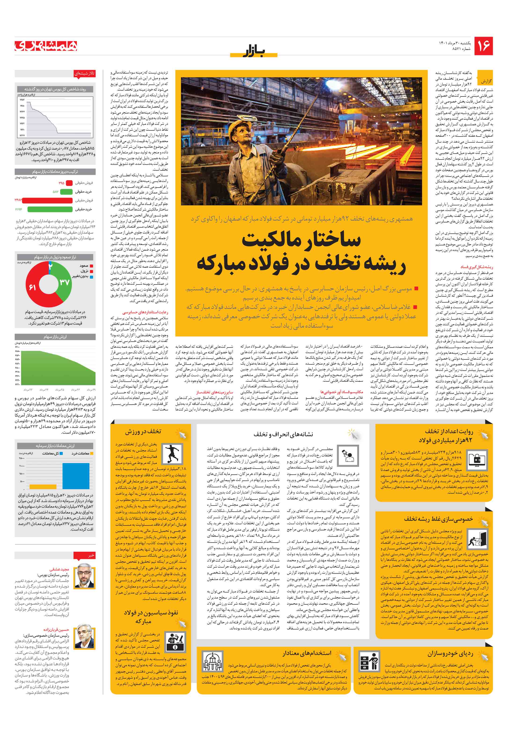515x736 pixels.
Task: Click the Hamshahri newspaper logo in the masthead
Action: (46, 46)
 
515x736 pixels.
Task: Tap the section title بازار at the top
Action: (254, 51)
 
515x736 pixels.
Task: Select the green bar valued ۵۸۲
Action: (66, 192)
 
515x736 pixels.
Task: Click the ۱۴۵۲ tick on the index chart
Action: (22, 100)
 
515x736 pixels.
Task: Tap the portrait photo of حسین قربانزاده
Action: (84, 637)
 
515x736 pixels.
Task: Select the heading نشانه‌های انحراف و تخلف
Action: (283, 434)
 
